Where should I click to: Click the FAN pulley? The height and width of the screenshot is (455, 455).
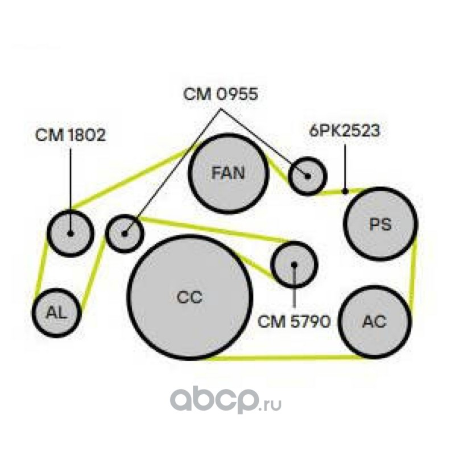[229, 173]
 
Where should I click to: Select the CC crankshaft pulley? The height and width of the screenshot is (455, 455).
[189, 297]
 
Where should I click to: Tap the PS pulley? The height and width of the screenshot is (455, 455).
[380, 224]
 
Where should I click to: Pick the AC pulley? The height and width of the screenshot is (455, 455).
[375, 321]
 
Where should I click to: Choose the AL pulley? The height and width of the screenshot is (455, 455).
[57, 313]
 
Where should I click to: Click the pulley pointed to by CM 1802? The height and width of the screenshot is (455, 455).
[71, 233]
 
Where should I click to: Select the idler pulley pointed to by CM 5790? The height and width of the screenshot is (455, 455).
[294, 264]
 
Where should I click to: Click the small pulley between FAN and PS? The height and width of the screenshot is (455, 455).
[308, 176]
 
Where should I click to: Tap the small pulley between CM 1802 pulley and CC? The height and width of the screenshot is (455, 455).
[125, 233]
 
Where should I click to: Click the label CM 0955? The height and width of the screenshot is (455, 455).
[221, 94]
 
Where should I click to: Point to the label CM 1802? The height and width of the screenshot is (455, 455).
[70, 135]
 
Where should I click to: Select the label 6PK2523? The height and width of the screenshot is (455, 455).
[345, 131]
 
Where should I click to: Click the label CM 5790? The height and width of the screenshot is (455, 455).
[294, 321]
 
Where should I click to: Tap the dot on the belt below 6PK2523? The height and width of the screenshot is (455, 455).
[345, 191]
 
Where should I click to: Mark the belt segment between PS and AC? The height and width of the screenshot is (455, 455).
[413, 271]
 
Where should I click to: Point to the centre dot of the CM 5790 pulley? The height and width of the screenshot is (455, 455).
[294, 264]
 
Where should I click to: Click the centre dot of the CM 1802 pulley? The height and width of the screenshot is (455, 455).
[71, 233]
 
